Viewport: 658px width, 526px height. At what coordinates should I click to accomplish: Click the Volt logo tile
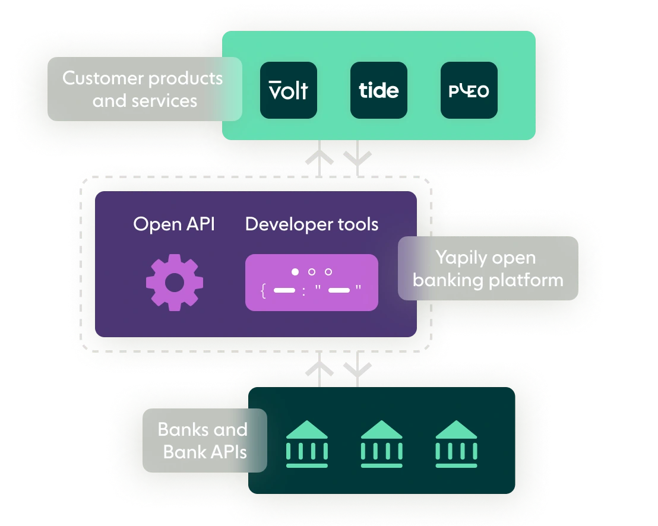click(289, 90)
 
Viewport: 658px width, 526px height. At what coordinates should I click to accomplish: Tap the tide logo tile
click(379, 90)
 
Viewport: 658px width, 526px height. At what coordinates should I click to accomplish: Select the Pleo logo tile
click(469, 90)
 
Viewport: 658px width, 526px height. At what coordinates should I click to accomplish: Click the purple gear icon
click(175, 282)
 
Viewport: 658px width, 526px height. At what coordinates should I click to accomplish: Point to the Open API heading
click(174, 224)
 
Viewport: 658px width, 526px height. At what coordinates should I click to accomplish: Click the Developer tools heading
click(312, 224)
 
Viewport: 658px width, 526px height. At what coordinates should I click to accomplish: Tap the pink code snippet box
click(312, 283)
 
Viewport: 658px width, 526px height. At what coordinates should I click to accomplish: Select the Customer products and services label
click(144, 89)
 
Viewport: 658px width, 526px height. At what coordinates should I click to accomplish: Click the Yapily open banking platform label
click(488, 268)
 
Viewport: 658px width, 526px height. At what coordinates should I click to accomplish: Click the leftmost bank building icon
click(306, 445)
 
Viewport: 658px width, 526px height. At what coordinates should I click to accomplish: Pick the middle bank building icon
click(382, 445)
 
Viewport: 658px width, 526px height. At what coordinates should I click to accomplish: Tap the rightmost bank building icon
click(456, 445)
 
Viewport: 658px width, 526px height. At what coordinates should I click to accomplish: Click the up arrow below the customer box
click(320, 159)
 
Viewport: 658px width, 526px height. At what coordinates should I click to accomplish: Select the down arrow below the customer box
click(358, 157)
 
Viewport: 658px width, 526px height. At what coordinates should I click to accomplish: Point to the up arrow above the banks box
click(320, 369)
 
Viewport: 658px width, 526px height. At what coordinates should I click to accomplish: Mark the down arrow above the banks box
click(358, 369)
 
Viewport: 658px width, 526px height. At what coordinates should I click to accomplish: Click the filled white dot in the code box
click(295, 272)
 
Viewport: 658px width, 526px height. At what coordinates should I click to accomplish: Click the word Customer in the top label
click(103, 78)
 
